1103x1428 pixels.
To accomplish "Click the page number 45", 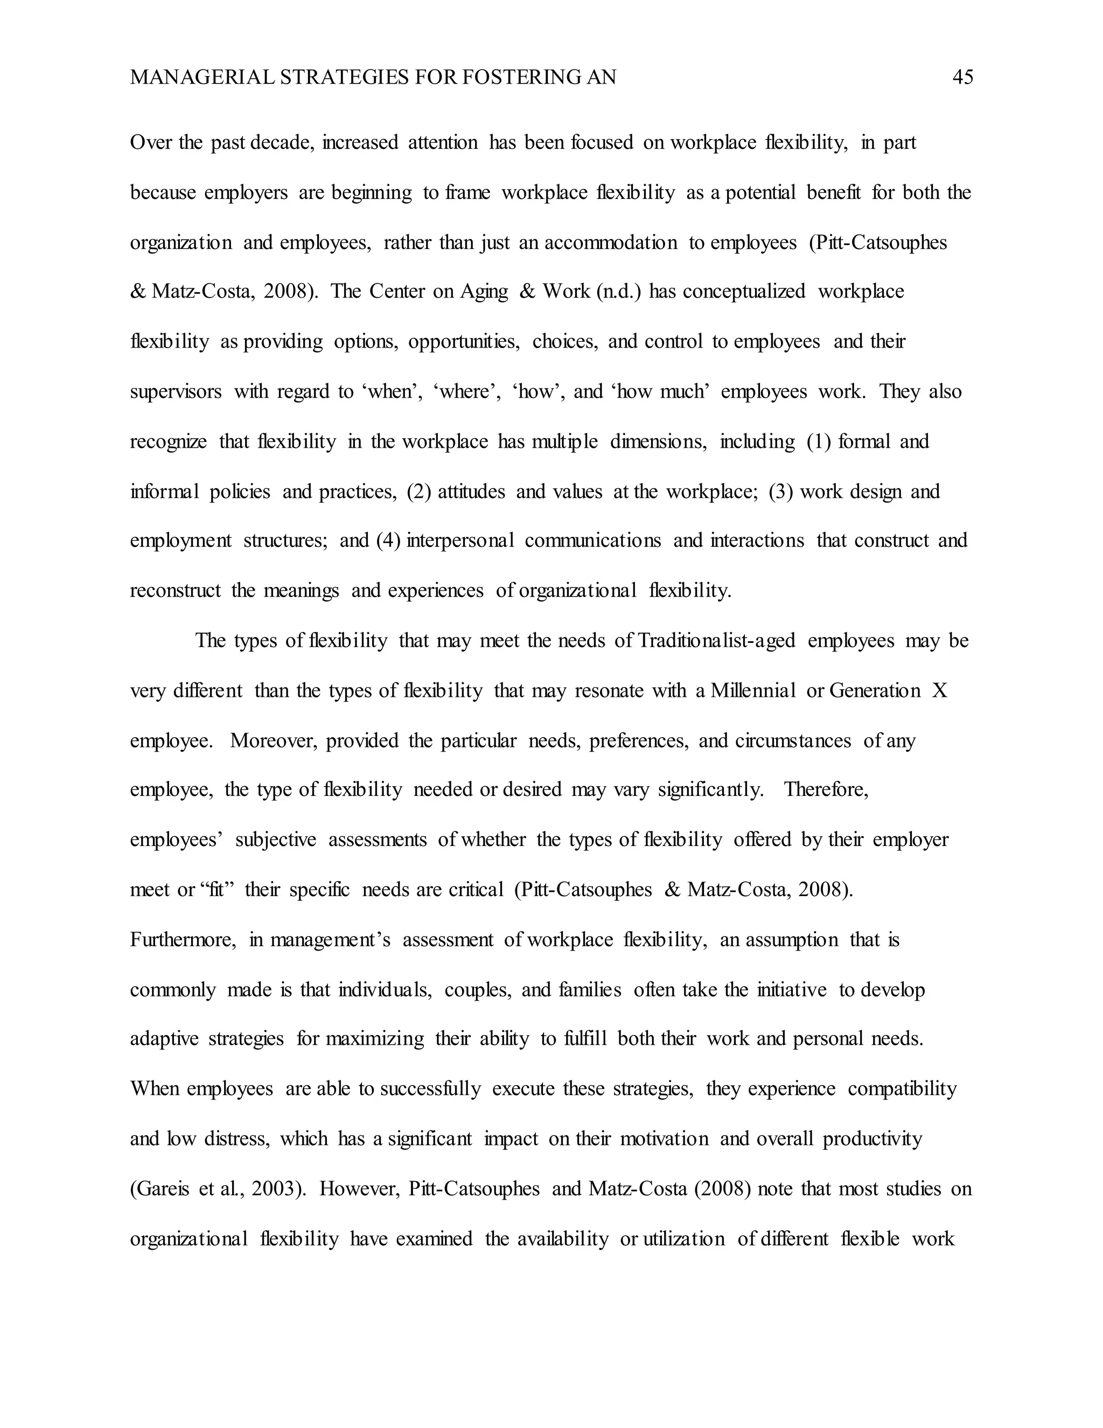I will [962, 78].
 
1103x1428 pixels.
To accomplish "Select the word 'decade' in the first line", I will [291, 143].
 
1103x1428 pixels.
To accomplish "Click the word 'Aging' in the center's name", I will [484, 292].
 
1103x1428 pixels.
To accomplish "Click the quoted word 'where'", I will [467, 392].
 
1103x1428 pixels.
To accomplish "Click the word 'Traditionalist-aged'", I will [716, 641].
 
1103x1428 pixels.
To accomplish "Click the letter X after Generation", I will [939, 690].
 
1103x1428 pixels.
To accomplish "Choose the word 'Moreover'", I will [274, 741].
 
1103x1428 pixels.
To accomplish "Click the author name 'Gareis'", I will [160, 1189].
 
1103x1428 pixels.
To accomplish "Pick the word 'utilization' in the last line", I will [684, 1239].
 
